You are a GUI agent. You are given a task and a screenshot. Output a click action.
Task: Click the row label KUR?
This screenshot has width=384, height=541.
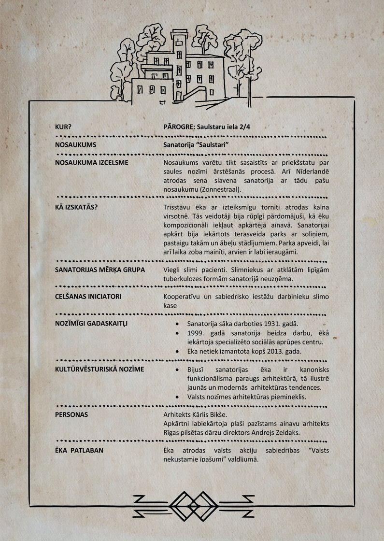[64, 127]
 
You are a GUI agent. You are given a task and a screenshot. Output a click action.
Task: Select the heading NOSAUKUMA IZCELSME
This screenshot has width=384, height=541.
[92, 162]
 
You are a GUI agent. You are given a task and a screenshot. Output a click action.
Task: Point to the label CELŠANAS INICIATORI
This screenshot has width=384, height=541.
[88, 296]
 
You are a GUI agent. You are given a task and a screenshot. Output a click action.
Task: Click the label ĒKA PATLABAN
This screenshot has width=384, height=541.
[79, 450]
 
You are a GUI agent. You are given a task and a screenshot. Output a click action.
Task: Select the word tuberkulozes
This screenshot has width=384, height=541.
[184, 279]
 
